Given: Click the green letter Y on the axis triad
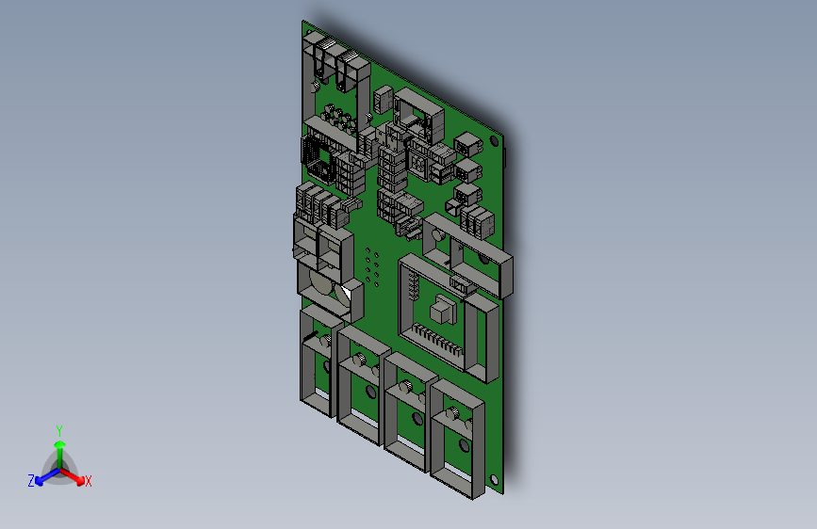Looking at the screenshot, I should point(58,429).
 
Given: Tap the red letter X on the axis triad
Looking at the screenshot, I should point(88,481).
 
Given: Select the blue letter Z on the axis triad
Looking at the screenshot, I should point(31,480).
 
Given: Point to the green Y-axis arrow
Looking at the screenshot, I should point(58,450).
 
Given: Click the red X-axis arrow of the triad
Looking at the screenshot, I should point(74,475).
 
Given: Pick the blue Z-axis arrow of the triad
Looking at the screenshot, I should point(43,475).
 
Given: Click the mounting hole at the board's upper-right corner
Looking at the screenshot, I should point(493,142).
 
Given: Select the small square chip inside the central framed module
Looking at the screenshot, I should point(441,310).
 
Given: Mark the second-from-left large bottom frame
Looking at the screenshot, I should point(362,386).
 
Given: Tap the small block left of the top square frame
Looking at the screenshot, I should point(383,98).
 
